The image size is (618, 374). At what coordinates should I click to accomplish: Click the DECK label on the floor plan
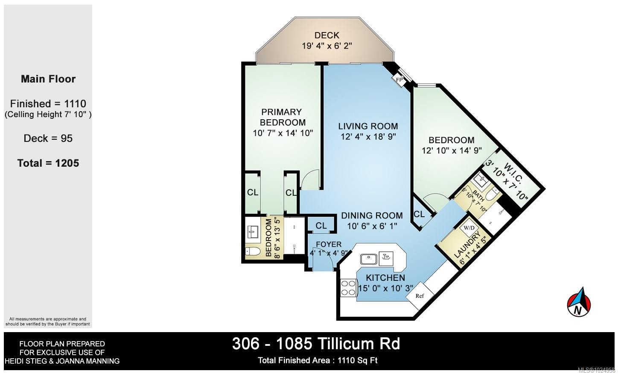pyautogui.click(x=326, y=35)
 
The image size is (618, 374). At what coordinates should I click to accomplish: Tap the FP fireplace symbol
pyautogui.click(x=399, y=80)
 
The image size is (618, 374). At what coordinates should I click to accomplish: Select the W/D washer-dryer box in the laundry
pyautogui.click(x=469, y=228)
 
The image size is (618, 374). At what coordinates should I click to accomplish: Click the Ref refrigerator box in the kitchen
pyautogui.click(x=420, y=296)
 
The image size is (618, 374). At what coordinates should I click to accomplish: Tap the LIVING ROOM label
pyautogui.click(x=368, y=126)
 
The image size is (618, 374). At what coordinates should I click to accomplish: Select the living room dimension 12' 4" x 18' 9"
pyautogui.click(x=368, y=136)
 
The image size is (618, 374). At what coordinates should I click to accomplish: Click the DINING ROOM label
pyautogui.click(x=372, y=215)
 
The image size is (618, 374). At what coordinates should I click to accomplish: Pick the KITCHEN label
pyautogui.click(x=385, y=277)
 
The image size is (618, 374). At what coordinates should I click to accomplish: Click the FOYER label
pyautogui.click(x=329, y=244)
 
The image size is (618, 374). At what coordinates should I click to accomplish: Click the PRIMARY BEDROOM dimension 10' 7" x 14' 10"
pyautogui.click(x=283, y=133)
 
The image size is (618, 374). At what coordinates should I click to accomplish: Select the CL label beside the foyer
pyautogui.click(x=321, y=226)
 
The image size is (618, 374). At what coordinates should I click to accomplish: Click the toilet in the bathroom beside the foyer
pyautogui.click(x=253, y=251)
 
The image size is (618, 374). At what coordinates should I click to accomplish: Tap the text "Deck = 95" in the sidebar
pyautogui.click(x=48, y=138)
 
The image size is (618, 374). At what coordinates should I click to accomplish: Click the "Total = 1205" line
pyautogui.click(x=48, y=163)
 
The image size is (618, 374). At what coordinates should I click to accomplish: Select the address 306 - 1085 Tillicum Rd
pyautogui.click(x=316, y=344)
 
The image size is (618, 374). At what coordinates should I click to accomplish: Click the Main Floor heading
pyautogui.click(x=48, y=79)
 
